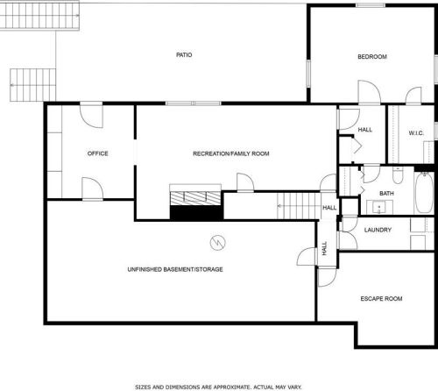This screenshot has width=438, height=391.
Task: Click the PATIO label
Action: (184, 55)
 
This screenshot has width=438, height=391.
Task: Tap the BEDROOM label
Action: (372, 57)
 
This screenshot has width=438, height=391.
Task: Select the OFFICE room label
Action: (98, 153)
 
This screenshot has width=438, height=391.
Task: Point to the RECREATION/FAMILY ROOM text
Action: (231, 153)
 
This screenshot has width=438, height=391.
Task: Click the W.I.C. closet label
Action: (416, 133)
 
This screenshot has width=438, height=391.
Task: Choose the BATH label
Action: (386, 194)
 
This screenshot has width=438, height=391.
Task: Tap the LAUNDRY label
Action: (378, 230)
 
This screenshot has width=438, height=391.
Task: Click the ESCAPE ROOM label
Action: (381, 299)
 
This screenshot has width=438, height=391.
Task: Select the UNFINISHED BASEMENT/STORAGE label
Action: (175, 269)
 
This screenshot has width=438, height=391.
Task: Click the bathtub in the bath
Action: (424, 193)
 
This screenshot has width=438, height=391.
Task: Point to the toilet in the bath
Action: (397, 175)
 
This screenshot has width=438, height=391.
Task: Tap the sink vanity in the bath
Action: (379, 207)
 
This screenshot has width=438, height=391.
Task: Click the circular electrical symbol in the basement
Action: (218, 243)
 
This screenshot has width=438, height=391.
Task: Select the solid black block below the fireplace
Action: (196, 212)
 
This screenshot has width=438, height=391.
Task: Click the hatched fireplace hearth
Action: (195, 198)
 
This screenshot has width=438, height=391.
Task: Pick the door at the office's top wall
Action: (91, 115)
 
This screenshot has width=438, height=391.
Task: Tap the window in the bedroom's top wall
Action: (371, 5)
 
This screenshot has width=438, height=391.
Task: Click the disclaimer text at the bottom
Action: (218, 387)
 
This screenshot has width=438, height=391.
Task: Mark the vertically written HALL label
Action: (324, 248)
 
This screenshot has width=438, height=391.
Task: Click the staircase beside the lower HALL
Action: (299, 206)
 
